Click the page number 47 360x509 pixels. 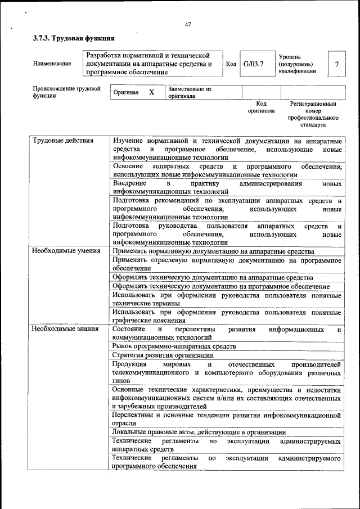coord(188,24)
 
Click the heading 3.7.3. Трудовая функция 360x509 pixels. coord(74,38)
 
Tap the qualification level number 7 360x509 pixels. coord(336,64)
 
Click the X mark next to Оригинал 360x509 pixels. coord(151,92)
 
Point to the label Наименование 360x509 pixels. coord(52,64)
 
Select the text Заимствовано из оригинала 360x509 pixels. coord(189,92)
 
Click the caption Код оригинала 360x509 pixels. coord(261,107)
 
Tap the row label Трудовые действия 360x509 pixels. coord(62,140)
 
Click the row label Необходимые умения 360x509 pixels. coord(66,251)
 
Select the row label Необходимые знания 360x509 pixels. coord(65,328)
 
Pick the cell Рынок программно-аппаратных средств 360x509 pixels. coord(174,346)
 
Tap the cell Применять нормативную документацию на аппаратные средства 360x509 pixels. coord(213,251)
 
